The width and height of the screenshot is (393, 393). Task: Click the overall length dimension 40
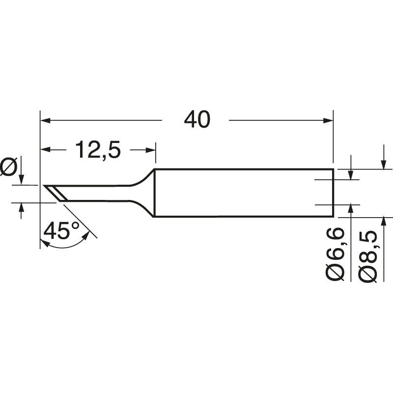tap(196, 119)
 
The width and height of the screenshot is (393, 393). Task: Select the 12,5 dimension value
tap(98, 149)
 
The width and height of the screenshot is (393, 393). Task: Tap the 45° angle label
tap(61, 230)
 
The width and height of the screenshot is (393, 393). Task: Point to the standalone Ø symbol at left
tap(9, 167)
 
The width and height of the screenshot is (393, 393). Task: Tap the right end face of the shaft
tap(333, 193)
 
